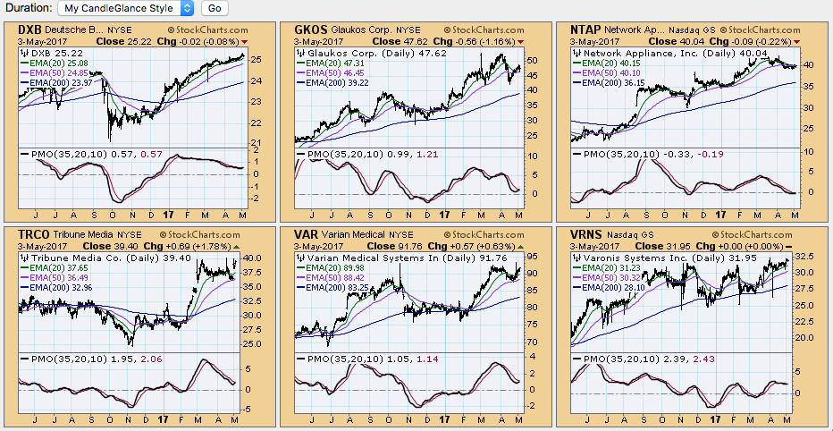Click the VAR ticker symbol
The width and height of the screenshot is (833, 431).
307,233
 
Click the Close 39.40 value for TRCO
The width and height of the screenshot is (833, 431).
114,245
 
